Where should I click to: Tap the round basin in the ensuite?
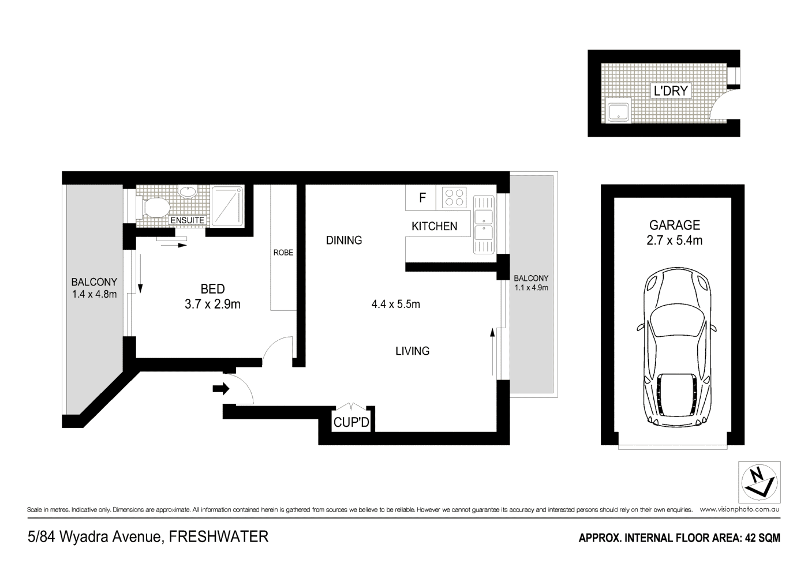[x=188, y=192]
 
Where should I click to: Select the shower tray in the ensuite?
[x=228, y=206]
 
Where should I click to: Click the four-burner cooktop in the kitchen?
[x=454, y=197]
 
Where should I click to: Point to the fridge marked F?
[x=422, y=198]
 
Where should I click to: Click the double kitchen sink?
[x=483, y=225]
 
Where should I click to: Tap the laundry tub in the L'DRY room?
[x=619, y=110]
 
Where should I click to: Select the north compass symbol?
[x=759, y=482]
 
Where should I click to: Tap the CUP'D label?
[x=351, y=423]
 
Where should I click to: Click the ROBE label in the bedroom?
[x=283, y=253]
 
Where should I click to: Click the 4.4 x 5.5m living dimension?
[x=395, y=304]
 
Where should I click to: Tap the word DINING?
[x=344, y=241]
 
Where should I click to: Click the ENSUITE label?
[x=187, y=220]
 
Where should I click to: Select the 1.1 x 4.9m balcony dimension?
[x=531, y=287]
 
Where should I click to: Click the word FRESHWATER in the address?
[x=219, y=537]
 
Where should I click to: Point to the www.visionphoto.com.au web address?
[x=739, y=509]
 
